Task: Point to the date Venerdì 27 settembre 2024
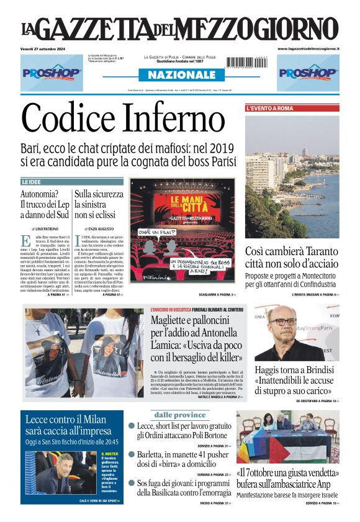coord(46,48)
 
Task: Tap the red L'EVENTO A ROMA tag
coord(270,108)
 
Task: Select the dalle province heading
coord(180,415)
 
